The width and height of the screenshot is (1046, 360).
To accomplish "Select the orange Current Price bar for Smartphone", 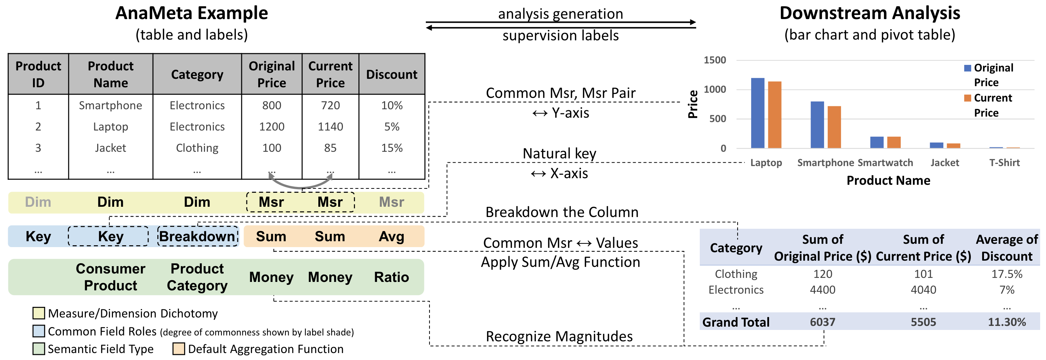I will point(834,127).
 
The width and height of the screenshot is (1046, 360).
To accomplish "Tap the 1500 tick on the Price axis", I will point(715,60).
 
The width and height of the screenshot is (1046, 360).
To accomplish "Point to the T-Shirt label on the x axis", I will point(1004,163).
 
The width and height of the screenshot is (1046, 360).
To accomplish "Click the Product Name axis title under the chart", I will point(888,180).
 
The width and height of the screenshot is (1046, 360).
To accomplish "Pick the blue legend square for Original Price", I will point(968,68).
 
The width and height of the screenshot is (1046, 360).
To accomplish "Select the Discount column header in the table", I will point(391,74).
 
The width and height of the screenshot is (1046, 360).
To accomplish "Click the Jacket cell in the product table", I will point(110,148).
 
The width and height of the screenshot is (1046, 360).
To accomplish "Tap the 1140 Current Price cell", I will point(330,126).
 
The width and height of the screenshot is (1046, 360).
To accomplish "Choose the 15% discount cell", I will point(391,148).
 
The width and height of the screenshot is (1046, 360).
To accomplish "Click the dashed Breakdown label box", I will point(197,236).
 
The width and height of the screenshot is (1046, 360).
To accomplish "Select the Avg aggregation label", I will point(391,236).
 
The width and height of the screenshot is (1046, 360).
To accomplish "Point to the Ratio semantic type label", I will point(391,277).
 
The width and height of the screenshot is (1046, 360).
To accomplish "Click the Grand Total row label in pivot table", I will point(736,322).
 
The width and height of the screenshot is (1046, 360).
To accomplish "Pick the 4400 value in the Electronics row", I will point(823,290).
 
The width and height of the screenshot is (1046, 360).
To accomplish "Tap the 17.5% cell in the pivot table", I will point(1007,274).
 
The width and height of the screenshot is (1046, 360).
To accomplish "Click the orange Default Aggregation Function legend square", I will point(178,349).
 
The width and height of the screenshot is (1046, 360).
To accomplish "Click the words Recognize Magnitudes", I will point(559,337).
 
